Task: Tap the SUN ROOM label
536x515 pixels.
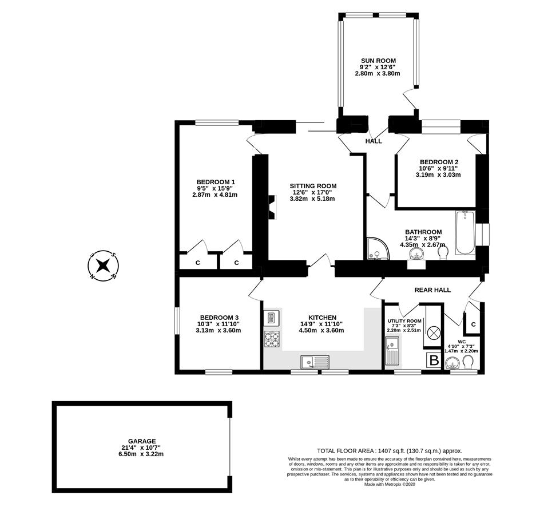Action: click(378, 61)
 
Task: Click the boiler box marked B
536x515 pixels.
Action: click(434, 360)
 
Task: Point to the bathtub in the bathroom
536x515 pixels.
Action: click(465, 232)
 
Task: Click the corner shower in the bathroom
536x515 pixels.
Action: click(376, 248)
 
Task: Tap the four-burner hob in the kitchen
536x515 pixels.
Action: click(272, 339)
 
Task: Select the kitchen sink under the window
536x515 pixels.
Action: click(315, 361)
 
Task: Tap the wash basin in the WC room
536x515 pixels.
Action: click(452, 363)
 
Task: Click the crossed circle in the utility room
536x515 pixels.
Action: click(434, 332)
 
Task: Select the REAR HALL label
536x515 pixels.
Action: click(432, 290)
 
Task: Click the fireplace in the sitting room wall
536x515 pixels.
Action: click(272, 207)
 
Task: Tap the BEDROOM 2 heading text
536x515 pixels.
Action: click(439, 161)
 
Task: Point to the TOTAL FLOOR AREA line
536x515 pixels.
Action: click(389, 451)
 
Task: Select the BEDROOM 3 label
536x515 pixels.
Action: click(219, 318)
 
